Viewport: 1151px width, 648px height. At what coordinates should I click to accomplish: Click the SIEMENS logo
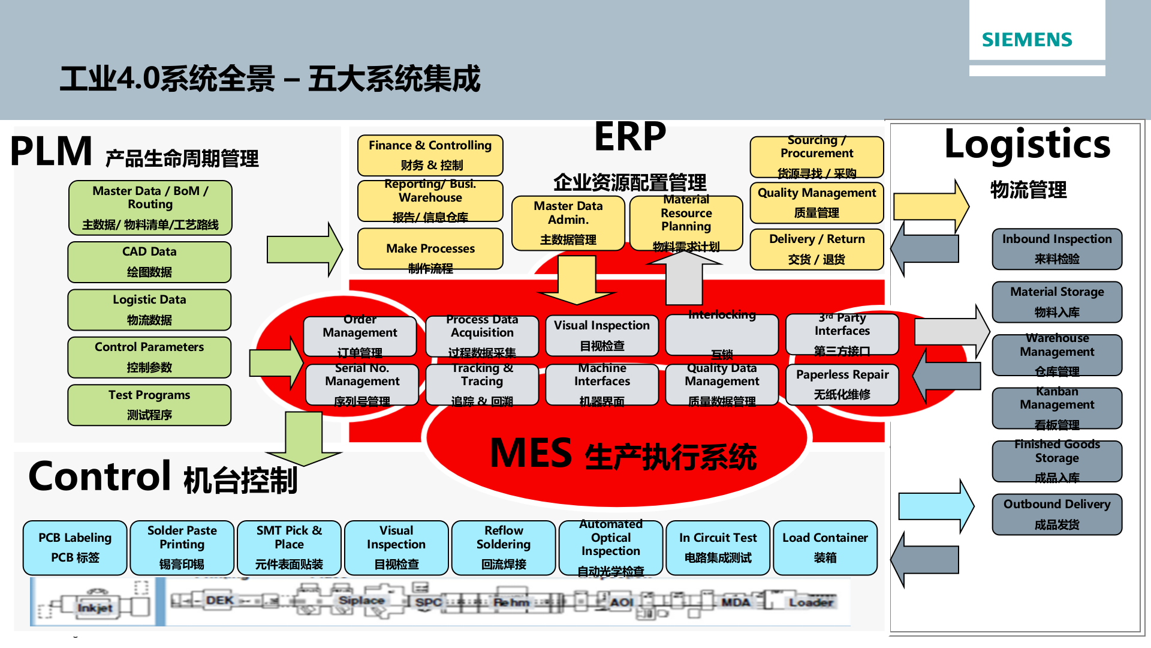(1027, 40)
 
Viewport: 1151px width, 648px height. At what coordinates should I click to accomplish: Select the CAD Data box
(149, 262)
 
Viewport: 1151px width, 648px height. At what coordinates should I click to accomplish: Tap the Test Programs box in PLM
(149, 405)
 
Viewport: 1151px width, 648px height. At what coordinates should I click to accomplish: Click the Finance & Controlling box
(430, 155)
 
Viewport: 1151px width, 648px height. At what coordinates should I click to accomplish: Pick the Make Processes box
(430, 249)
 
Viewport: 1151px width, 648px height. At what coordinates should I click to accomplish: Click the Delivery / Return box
(816, 249)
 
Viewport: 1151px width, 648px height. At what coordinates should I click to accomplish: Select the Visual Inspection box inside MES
(601, 335)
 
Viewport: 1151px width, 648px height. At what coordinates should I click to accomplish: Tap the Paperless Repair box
(842, 384)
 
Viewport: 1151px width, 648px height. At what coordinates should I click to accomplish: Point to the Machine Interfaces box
(601, 384)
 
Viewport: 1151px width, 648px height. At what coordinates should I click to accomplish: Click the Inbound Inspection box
(1056, 248)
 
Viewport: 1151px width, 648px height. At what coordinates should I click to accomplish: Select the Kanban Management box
(1056, 408)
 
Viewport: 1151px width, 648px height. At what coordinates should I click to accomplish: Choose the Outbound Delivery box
(1056, 514)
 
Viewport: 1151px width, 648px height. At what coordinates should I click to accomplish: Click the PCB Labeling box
(75, 547)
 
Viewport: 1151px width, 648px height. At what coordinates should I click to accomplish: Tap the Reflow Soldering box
(504, 547)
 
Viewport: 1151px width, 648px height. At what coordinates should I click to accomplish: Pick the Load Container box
(825, 547)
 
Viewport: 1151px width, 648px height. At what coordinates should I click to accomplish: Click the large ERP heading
(629, 137)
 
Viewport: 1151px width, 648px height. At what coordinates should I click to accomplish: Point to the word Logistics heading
(1027, 145)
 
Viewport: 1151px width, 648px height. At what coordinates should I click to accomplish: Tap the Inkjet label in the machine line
(94, 608)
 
